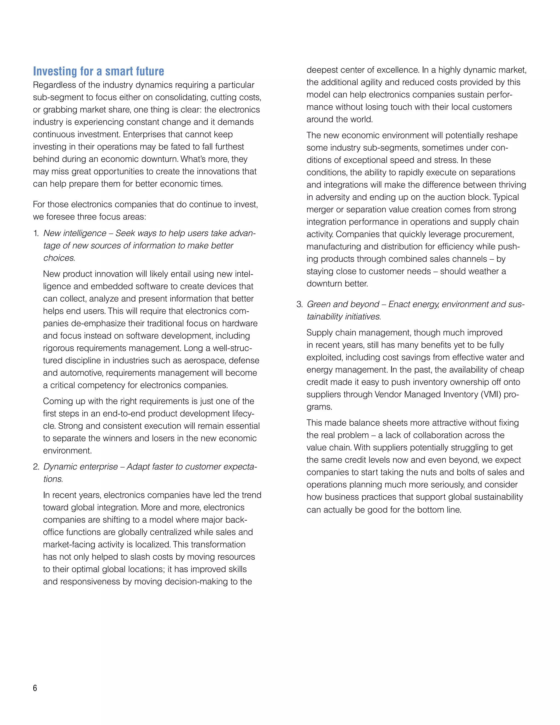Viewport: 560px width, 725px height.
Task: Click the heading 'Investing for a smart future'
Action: tap(98, 71)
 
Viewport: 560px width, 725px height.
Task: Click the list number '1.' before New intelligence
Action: tap(36, 233)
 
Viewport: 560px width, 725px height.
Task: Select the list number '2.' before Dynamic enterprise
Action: tap(36, 467)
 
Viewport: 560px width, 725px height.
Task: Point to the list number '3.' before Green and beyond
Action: tap(300, 304)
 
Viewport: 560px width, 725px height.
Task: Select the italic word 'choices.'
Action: tap(59, 258)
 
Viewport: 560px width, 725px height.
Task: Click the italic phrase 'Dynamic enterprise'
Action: tap(81, 467)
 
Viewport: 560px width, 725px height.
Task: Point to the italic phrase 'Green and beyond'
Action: tap(343, 304)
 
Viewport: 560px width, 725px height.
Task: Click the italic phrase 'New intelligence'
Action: tap(75, 233)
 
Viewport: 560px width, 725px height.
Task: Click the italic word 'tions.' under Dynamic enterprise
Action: tap(53, 479)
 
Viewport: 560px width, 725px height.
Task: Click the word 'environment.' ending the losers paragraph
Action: tap(67, 451)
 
